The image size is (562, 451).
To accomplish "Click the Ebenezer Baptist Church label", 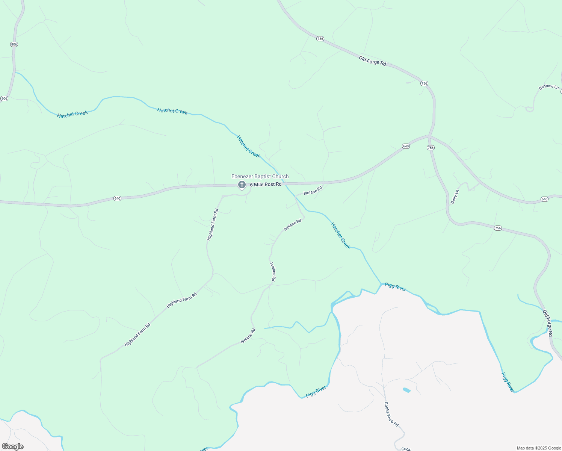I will (260, 176).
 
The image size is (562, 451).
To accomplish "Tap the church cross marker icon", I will (242, 185).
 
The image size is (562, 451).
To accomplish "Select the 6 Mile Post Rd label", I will (266, 185).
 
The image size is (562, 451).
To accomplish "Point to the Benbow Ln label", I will (548, 87).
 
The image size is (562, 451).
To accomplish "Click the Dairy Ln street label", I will (455, 197).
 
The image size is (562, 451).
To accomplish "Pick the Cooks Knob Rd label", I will (391, 414).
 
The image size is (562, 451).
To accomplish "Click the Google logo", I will (13, 446).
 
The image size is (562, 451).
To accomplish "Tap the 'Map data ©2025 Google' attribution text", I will (539, 448).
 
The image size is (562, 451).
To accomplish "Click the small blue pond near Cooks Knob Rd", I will (406, 390).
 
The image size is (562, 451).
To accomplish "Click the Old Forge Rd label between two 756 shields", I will (372, 61).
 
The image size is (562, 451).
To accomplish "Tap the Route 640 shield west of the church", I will (117, 198).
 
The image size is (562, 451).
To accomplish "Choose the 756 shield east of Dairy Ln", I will (498, 228).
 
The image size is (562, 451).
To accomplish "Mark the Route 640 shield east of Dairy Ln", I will (544, 199).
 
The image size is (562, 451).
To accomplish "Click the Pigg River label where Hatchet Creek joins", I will (395, 287).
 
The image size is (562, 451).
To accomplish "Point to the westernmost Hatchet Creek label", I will (73, 114).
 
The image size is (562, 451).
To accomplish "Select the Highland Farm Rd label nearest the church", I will (213, 225).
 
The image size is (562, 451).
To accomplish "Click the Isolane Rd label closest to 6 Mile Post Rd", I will (313, 191).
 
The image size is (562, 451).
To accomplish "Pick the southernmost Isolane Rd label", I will (248, 336).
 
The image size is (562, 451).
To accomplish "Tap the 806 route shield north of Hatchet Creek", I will (14, 44).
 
